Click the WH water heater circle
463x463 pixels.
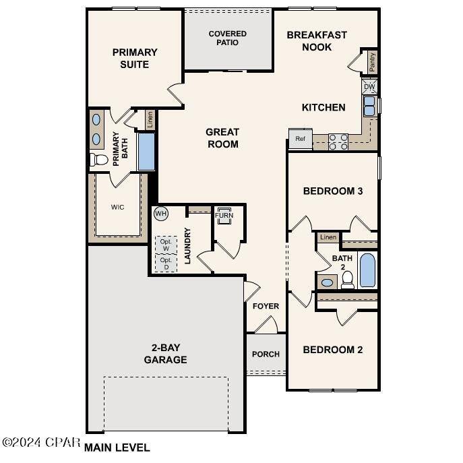pyautogui.click(x=160, y=214)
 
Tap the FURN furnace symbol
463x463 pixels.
pyautogui.click(x=224, y=216)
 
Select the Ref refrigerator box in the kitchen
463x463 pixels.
pyautogui.click(x=300, y=139)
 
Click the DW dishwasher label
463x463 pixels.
pyautogui.click(x=369, y=87)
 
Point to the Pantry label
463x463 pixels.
pyautogui.click(x=372, y=62)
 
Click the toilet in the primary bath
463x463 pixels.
pyautogui.click(x=99, y=160)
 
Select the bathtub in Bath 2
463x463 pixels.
pyautogui.click(x=367, y=270)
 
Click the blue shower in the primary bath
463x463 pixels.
pyautogui.click(x=146, y=152)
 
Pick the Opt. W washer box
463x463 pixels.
pyautogui.click(x=166, y=244)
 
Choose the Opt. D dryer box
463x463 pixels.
pyautogui.click(x=166, y=264)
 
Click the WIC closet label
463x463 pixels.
pyautogui.click(x=118, y=207)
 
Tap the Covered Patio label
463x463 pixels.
pyautogui.click(x=228, y=38)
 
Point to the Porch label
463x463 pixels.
pyautogui.click(x=266, y=354)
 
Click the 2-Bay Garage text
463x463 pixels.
pyautogui.click(x=165, y=354)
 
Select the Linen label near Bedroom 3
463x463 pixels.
pyautogui.click(x=328, y=237)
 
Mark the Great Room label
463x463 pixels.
pyautogui.click(x=222, y=137)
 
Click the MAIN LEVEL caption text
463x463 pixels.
pyautogui.click(x=117, y=447)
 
